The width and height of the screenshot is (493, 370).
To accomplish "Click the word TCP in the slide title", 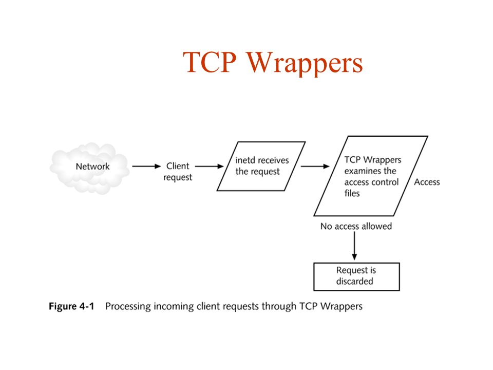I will [x=209, y=63].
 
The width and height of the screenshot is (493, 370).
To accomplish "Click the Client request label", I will [x=178, y=172].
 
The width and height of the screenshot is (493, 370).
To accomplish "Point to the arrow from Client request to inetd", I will [x=209, y=166].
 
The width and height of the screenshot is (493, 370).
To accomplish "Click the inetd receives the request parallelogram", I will [x=262, y=166].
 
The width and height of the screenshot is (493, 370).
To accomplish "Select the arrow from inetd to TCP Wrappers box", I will [x=315, y=166].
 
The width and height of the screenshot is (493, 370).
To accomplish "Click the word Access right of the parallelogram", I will [x=427, y=182].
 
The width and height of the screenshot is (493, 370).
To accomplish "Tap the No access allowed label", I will [x=356, y=226].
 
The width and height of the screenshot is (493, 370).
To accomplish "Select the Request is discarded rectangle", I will [x=356, y=276].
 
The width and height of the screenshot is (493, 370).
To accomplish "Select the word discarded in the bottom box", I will [x=355, y=281].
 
